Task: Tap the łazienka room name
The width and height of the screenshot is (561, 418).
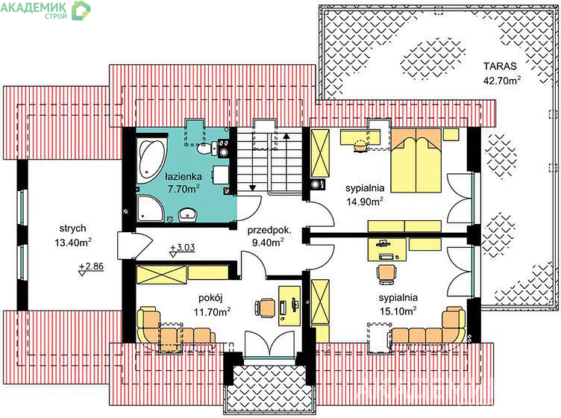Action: point(184,176)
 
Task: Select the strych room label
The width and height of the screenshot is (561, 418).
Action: point(72,228)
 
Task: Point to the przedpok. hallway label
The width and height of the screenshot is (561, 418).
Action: point(269,230)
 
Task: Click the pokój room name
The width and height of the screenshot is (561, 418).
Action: point(210,298)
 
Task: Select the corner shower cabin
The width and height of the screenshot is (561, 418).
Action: point(150,208)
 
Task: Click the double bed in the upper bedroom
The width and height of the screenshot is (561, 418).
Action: point(416,160)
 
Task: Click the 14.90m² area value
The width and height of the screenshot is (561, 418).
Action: point(365,202)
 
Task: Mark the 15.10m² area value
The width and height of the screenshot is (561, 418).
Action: point(398,311)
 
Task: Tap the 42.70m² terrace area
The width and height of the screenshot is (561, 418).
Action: point(501,80)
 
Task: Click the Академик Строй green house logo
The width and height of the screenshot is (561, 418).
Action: point(81,10)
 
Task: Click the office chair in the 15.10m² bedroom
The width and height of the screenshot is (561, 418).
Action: point(386,274)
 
